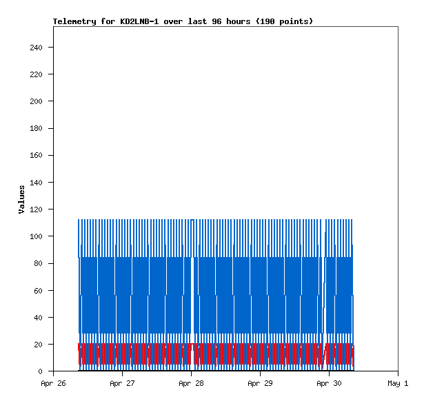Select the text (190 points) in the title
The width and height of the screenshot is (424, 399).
point(285,21)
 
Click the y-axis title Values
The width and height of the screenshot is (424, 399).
point(21,199)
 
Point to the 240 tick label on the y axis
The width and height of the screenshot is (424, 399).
point(37,48)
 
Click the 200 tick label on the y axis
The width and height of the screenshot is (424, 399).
point(37,101)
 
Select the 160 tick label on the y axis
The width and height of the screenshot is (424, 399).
point(37,156)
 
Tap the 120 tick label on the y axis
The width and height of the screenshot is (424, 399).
point(37,209)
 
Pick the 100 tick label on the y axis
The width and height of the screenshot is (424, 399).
point(37,236)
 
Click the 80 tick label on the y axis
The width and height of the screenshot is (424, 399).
point(39,263)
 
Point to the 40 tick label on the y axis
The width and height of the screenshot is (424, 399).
point(39,318)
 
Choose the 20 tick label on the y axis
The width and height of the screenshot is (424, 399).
point(39,345)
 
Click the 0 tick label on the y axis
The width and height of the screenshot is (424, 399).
point(41,371)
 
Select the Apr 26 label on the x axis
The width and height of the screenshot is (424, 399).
point(53,383)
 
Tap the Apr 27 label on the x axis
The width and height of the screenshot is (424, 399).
point(122,383)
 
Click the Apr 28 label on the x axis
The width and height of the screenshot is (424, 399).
point(191,383)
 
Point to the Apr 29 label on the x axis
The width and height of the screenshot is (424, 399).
point(260,383)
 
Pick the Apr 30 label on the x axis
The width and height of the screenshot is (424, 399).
point(329,383)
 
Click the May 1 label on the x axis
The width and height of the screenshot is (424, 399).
point(398,383)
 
